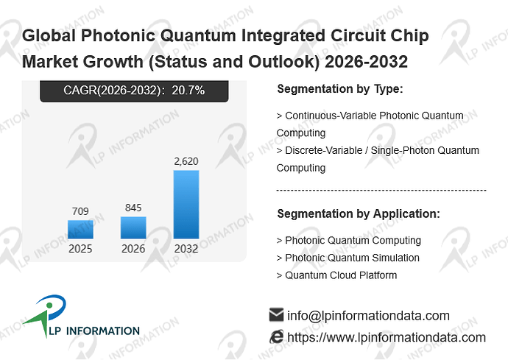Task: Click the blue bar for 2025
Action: click(x=80, y=230)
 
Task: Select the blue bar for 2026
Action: click(x=133, y=227)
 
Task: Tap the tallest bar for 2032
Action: click(x=186, y=205)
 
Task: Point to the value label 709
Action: click(x=80, y=211)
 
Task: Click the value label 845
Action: click(x=133, y=208)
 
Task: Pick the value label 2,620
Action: click(x=186, y=161)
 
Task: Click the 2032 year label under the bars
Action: click(x=186, y=249)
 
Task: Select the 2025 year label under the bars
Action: click(x=80, y=249)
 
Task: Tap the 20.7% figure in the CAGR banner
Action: click(x=188, y=91)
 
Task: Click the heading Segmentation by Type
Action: click(x=340, y=89)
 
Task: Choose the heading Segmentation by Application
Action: click(x=359, y=213)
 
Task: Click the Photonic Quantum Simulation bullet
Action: click(x=348, y=258)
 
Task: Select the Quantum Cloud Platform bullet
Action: click(x=336, y=275)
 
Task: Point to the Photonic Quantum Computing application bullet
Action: click(x=348, y=241)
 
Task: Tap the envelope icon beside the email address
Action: click(x=276, y=315)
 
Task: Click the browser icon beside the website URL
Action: click(x=276, y=336)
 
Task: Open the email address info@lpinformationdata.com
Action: click(x=368, y=316)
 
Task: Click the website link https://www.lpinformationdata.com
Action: click(x=387, y=337)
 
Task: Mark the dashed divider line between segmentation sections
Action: click(x=381, y=191)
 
